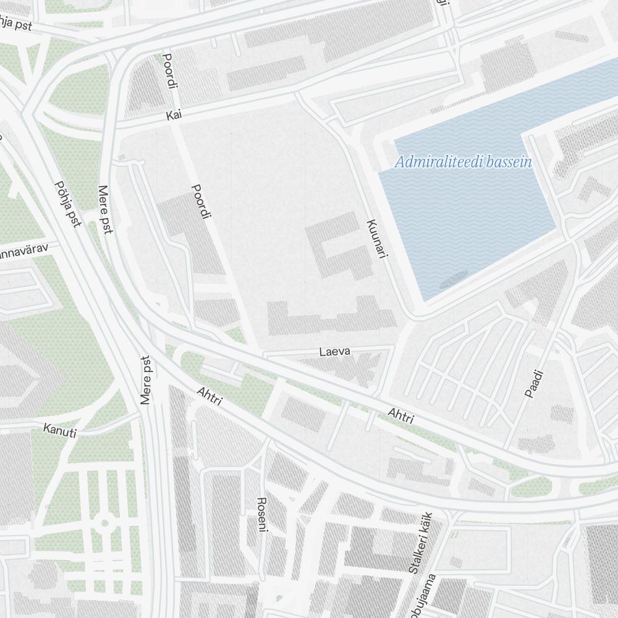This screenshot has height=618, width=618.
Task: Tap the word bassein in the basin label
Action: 509,163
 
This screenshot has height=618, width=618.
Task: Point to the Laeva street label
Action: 335,352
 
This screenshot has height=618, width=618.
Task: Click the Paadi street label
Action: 533,384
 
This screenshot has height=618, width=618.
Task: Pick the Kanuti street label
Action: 60,430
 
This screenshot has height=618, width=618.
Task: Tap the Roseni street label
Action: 262,514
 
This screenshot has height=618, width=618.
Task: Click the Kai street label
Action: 174,115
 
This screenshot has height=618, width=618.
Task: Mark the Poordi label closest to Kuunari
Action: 201,201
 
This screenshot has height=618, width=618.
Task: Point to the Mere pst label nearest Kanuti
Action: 146,380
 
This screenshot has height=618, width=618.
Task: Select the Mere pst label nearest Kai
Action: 106,210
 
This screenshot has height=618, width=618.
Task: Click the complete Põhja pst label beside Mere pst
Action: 67,203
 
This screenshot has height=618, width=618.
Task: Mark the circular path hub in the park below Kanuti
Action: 104,523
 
